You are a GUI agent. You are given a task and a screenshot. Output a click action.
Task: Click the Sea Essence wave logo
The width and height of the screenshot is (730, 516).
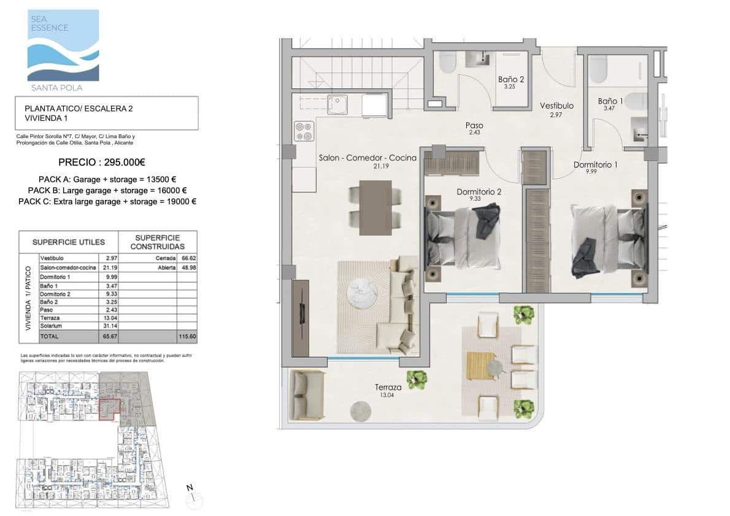tap(63, 46)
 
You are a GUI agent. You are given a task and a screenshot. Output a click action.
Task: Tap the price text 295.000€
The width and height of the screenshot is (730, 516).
tap(102, 163)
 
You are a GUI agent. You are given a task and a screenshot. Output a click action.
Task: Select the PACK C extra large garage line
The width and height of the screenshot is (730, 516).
tap(107, 201)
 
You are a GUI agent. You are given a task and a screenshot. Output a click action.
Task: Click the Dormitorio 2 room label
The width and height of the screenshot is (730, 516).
tap(479, 192)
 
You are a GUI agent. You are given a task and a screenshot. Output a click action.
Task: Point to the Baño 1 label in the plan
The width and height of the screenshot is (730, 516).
tap(610, 101)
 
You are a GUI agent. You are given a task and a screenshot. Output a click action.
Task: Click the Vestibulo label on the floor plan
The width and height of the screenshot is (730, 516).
tap(556, 106)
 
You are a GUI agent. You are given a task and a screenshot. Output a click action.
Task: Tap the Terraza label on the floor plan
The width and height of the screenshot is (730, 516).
tap(388, 388)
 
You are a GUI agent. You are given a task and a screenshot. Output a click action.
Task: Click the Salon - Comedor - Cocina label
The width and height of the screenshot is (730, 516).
tap(367, 158)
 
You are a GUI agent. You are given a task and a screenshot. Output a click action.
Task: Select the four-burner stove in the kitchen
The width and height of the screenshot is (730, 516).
tap(304, 131)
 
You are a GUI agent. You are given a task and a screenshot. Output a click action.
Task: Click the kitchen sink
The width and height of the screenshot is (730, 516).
tap(337, 104)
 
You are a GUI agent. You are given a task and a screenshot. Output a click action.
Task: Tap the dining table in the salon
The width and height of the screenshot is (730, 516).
tap(375, 207)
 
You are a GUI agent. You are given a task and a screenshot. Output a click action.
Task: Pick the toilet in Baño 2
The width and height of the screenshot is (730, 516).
tap(447, 62)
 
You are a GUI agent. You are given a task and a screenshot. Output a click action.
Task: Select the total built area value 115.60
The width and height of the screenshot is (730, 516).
tap(186, 337)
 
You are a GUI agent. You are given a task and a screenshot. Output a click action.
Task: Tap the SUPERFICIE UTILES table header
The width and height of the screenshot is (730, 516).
tap(68, 242)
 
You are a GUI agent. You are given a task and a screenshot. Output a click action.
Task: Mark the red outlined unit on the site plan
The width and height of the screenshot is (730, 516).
tap(110, 408)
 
